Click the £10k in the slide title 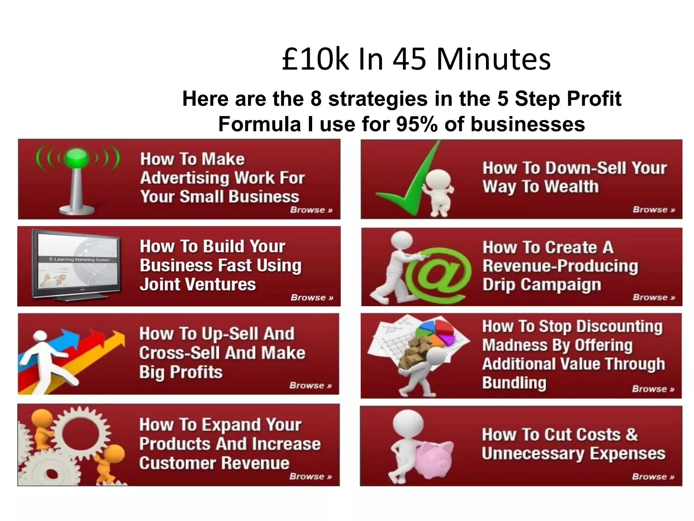tap(315, 59)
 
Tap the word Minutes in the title tap(494, 59)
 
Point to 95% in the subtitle tap(416, 124)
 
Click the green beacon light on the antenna tap(77, 158)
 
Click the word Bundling tap(514, 383)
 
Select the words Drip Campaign tap(542, 284)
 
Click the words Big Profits tap(181, 372)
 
